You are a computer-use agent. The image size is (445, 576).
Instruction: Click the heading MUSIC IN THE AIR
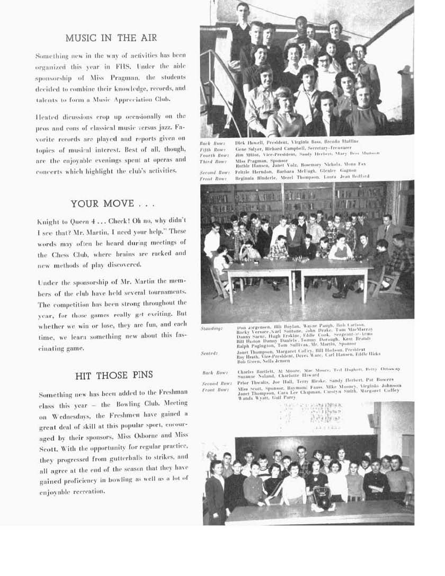[111, 38]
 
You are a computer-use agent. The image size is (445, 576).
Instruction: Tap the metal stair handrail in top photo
[217, 79]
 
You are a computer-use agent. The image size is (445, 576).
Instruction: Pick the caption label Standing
[211, 329]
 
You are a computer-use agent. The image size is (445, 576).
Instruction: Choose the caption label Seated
[209, 352]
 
